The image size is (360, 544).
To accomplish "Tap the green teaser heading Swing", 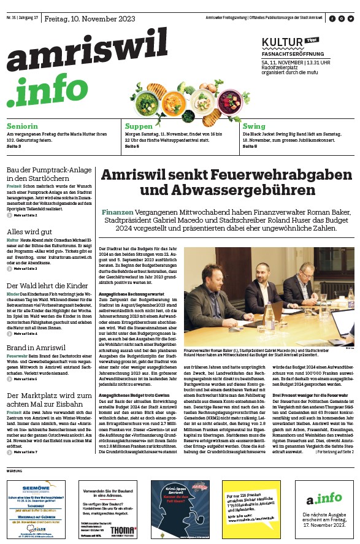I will click(254, 126).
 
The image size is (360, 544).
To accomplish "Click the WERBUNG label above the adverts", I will click(13, 470).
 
